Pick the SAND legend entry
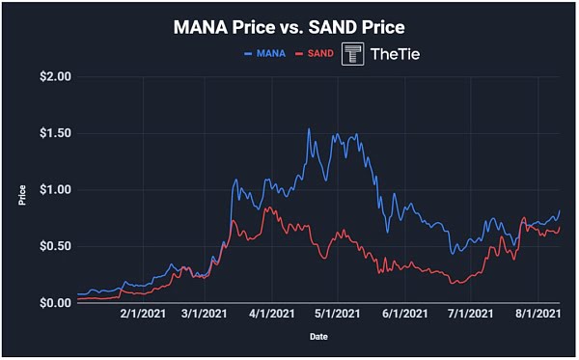(x=318, y=53)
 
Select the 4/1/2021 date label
(x=271, y=315)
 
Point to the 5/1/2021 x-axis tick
(x=334, y=315)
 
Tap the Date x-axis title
(x=318, y=337)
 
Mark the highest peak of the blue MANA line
(x=309, y=128)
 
